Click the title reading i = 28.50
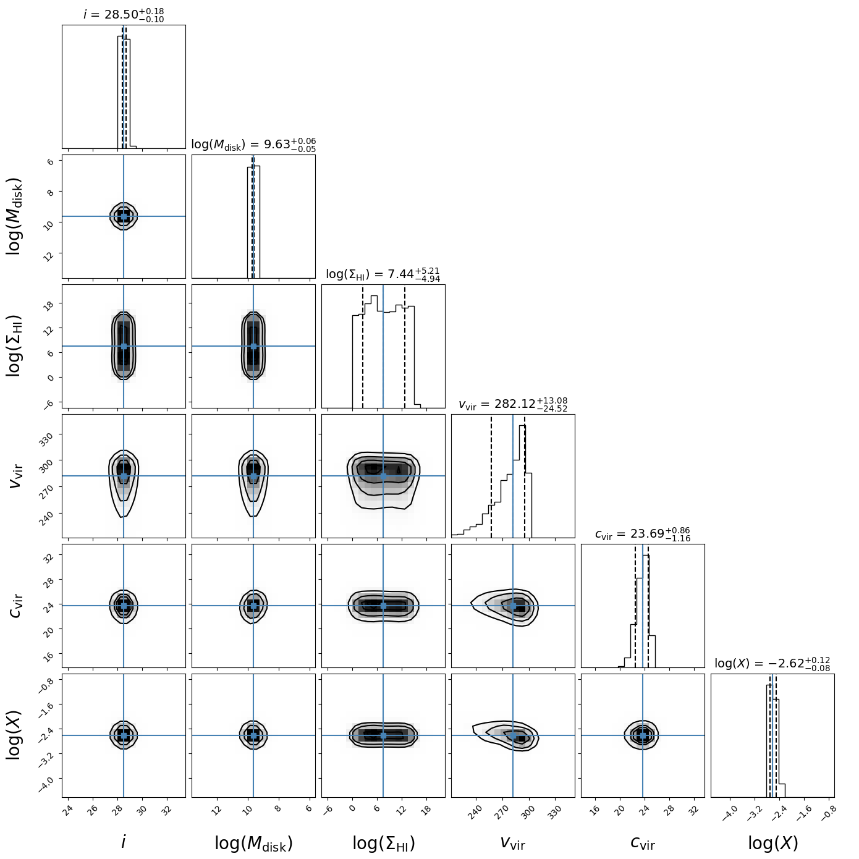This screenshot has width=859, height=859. tap(124, 14)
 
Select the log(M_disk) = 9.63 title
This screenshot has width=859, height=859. tap(253, 145)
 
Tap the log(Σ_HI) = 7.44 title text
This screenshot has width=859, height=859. tap(383, 274)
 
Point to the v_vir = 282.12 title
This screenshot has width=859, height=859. tap(513, 405)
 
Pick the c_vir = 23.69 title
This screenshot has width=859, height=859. tap(643, 535)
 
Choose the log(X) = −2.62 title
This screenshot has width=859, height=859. tap(772, 664)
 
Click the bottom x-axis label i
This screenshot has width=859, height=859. tap(124, 842)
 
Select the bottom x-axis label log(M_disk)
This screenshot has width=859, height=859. tap(253, 843)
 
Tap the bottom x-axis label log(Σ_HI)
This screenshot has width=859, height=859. tap(383, 843)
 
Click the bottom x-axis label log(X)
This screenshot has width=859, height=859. tap(772, 843)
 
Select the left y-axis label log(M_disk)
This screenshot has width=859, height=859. tap(15, 216)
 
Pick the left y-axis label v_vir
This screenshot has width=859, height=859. tap(16, 476)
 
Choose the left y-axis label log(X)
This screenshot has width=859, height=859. tap(15, 735)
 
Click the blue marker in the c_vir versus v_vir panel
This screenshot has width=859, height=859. tap(513, 606)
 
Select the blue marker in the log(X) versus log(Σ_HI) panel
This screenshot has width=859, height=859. tap(383, 735)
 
